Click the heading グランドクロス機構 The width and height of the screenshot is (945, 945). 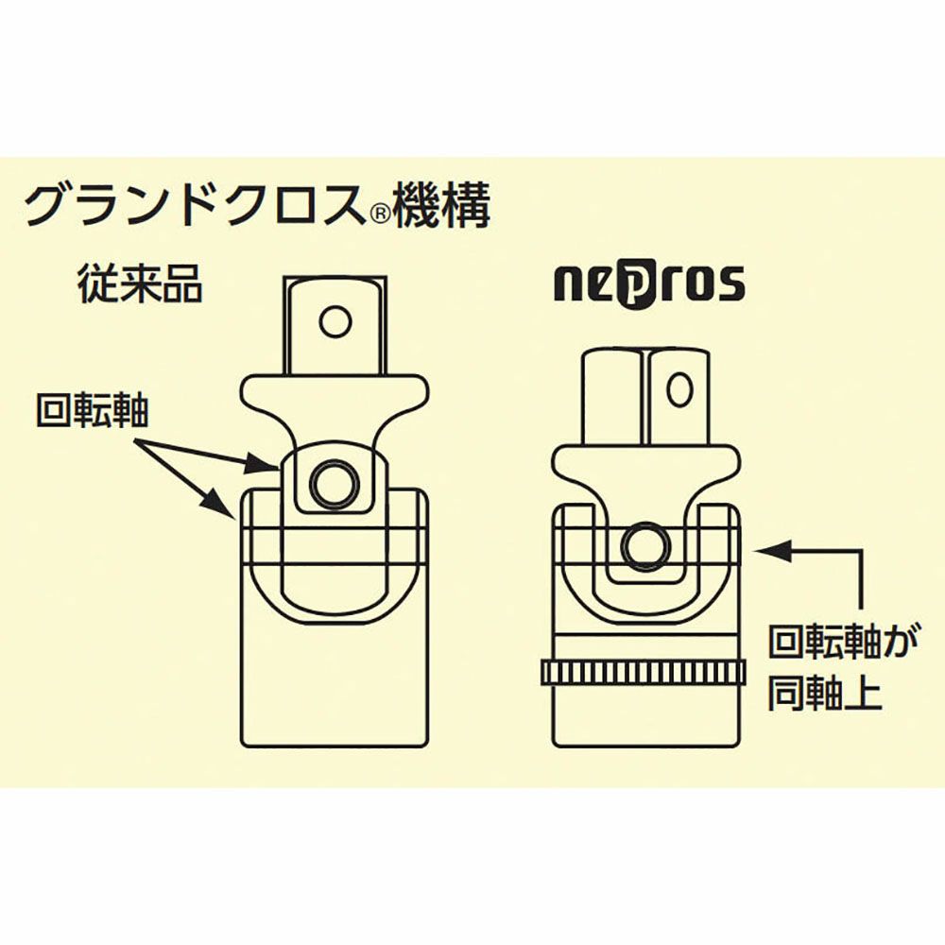click(257, 206)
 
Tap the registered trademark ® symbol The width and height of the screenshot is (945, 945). click(379, 215)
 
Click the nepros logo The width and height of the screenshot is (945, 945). click(649, 283)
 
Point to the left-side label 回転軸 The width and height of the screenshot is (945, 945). click(93, 411)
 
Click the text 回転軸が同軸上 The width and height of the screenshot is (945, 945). click(843, 670)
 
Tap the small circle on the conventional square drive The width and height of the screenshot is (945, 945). click(335, 322)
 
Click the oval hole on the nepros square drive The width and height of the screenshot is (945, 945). click(679, 390)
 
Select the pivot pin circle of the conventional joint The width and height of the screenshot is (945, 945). click(335, 484)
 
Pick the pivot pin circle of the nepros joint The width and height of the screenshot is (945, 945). click(646, 546)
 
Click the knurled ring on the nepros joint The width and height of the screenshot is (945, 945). click(644, 673)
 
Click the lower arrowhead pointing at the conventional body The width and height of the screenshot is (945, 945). click(217, 503)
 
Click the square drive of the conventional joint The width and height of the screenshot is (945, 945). click(335, 326)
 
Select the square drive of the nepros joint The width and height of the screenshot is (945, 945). click(645, 399)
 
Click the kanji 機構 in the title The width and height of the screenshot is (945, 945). click(442, 206)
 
